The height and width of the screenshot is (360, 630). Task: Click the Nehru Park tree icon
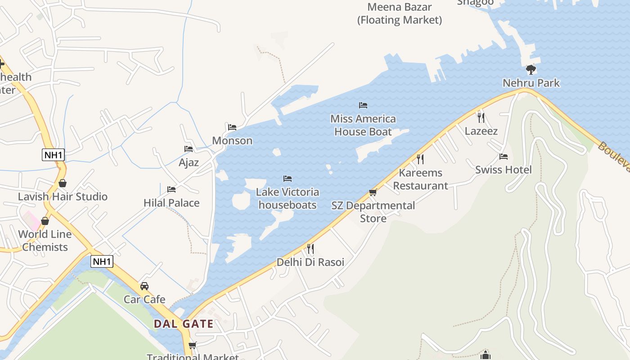(531, 69)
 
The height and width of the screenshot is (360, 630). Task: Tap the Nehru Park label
(531, 83)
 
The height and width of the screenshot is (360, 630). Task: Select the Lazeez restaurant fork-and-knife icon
(481, 117)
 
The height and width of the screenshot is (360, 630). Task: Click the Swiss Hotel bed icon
(504, 157)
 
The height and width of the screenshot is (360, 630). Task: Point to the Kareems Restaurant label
(420, 179)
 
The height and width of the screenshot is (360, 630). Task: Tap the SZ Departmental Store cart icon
(373, 192)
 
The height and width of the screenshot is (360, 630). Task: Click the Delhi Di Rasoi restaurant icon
(310, 248)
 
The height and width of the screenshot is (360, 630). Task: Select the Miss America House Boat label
(363, 125)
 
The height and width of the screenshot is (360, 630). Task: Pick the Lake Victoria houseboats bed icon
(288, 179)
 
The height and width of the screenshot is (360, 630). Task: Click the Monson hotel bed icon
(232, 127)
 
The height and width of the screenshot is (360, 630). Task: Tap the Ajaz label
(189, 162)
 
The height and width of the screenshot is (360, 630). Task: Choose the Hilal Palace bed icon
(171, 189)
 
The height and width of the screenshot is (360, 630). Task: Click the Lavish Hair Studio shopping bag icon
(63, 183)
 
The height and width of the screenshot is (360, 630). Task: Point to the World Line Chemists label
(45, 240)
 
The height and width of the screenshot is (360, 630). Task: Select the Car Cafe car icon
(144, 286)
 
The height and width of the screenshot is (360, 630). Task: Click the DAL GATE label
(184, 324)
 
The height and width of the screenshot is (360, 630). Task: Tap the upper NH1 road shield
(54, 155)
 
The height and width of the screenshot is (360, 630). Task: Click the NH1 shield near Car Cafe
(102, 261)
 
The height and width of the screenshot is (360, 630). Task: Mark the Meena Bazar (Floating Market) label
(400, 13)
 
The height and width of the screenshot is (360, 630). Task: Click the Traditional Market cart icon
(193, 345)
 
